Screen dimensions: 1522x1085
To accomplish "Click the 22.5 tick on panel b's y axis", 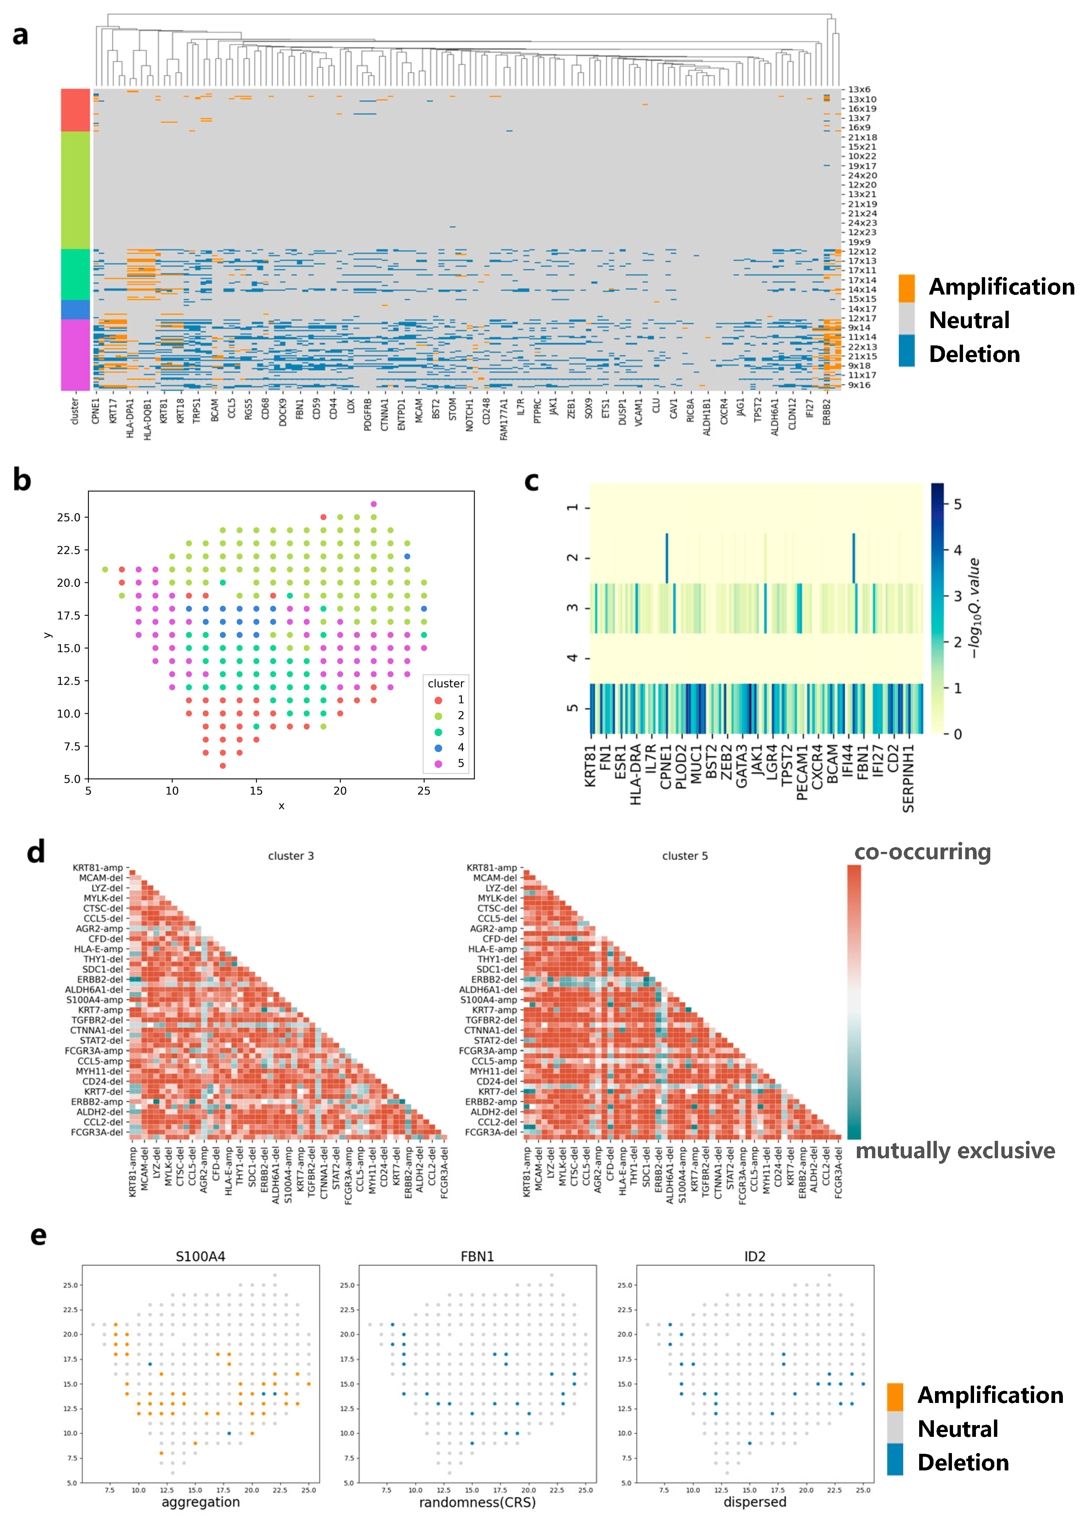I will (68, 550).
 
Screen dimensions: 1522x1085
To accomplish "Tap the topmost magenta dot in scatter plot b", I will (373, 504).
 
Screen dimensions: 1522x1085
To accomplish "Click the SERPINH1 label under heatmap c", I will (908, 779).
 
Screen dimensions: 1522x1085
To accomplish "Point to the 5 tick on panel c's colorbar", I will (957, 504).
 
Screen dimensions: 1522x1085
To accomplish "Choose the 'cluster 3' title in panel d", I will (291, 856).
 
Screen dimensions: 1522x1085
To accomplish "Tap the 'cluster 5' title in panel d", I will (685, 856).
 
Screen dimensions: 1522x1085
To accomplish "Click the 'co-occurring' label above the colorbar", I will (922, 852).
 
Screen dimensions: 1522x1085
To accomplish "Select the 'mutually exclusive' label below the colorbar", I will (955, 1150).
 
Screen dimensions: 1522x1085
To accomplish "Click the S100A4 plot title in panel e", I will (200, 1257).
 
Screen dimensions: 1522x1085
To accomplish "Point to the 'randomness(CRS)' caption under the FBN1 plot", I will (477, 1502).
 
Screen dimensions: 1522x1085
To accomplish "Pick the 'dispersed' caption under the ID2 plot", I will (755, 1502).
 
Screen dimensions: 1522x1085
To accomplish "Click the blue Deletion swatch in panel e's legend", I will (895, 1459).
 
